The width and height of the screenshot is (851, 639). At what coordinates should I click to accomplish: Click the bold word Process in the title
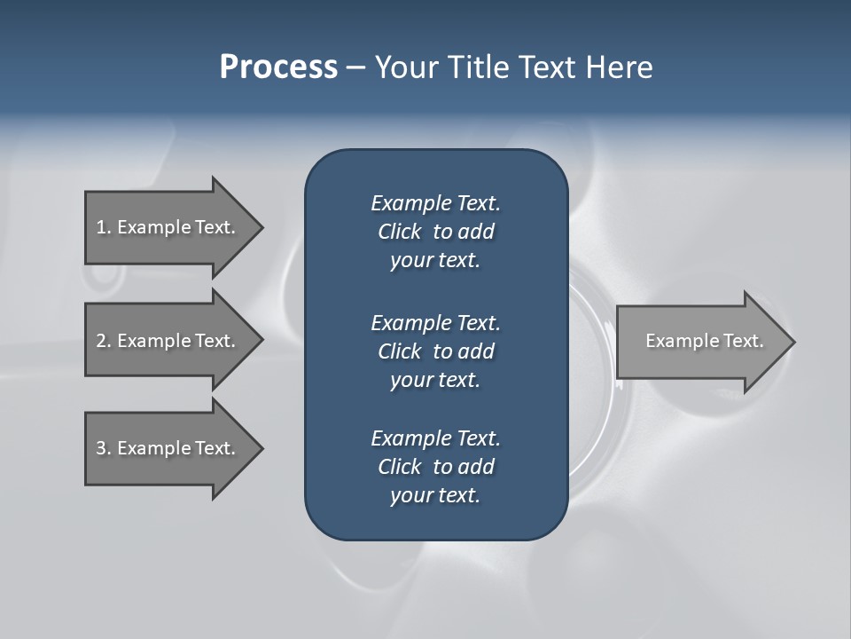tap(278, 67)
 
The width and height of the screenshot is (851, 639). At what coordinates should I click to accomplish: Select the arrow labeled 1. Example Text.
tap(168, 227)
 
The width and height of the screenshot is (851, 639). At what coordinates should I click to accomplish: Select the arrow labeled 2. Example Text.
tap(168, 341)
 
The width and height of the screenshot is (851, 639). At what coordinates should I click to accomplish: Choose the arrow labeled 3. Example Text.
tap(168, 448)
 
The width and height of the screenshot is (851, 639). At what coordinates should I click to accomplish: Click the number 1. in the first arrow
tap(104, 227)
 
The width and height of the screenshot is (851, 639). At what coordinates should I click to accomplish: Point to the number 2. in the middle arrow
tap(104, 341)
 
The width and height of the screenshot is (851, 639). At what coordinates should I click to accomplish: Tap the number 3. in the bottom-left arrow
tap(104, 448)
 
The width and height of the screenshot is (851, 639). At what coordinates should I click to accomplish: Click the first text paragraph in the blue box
tap(435, 232)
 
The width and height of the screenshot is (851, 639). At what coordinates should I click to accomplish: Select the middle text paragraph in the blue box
tap(435, 351)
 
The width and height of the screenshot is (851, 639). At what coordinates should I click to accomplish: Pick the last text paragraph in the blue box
tap(435, 467)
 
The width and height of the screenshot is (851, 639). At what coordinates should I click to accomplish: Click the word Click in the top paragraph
tap(399, 233)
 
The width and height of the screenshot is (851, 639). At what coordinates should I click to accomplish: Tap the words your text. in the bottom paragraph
tap(435, 496)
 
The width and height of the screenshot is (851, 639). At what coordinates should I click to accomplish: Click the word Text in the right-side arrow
tap(743, 341)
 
